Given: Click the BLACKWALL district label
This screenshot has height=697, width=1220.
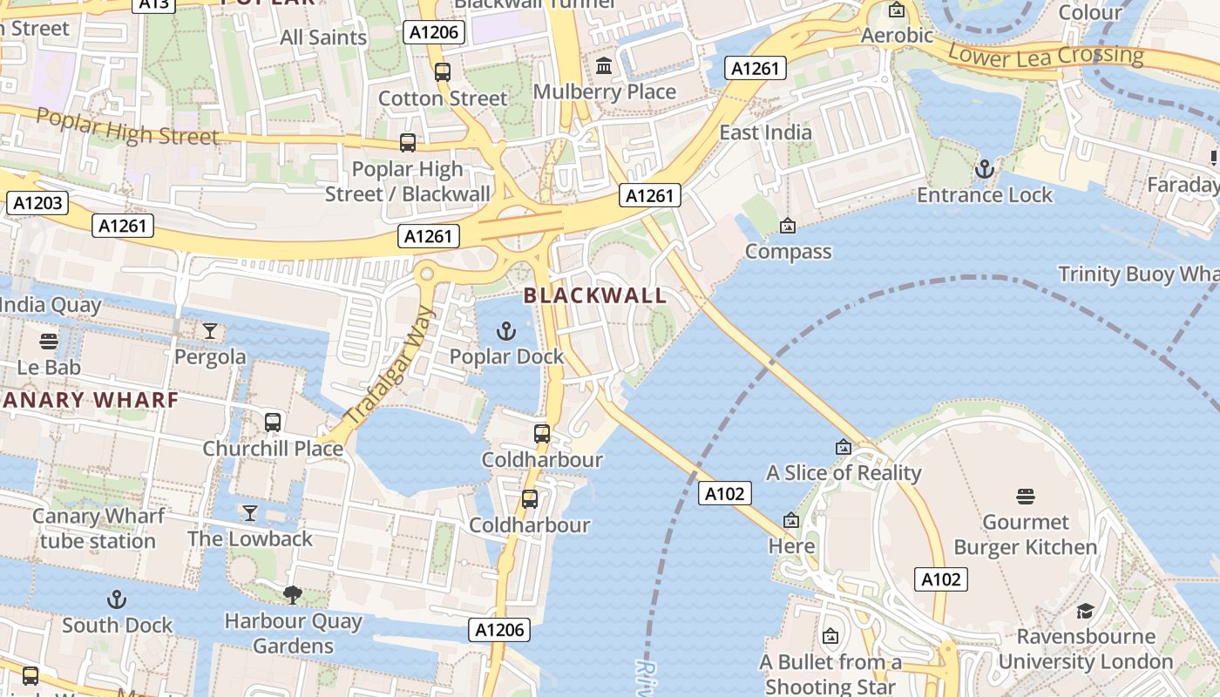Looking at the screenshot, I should (x=595, y=295).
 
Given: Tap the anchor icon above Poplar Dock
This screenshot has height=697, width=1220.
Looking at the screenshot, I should (x=505, y=331).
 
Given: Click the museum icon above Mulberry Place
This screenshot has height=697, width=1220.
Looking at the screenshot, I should (x=604, y=66).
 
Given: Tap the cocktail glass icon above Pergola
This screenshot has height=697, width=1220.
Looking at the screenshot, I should (x=210, y=330).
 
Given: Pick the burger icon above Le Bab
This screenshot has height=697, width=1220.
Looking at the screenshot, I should (x=49, y=341).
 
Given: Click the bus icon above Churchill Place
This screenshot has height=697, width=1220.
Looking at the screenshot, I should (x=273, y=423).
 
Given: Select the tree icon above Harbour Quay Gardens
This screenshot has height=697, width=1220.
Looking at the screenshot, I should (x=293, y=595).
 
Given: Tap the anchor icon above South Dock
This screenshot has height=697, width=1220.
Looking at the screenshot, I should (x=117, y=599).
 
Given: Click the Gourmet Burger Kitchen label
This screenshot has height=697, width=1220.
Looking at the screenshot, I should (x=1026, y=535).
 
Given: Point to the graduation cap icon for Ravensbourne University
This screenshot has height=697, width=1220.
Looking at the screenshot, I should (x=1085, y=611).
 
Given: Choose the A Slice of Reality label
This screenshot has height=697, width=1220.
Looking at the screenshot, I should (x=844, y=473).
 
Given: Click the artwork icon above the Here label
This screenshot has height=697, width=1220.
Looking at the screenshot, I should (x=791, y=521).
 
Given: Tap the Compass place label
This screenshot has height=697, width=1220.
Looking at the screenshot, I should (x=789, y=252).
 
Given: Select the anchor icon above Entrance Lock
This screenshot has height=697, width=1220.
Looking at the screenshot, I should (x=985, y=168).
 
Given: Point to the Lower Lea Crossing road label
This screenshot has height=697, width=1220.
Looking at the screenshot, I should (x=1045, y=56).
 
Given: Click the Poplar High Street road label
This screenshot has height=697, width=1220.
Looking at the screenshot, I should (x=127, y=128).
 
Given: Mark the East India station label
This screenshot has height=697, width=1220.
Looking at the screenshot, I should (x=765, y=132).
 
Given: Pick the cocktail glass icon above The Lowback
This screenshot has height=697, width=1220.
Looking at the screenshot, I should (x=250, y=512).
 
